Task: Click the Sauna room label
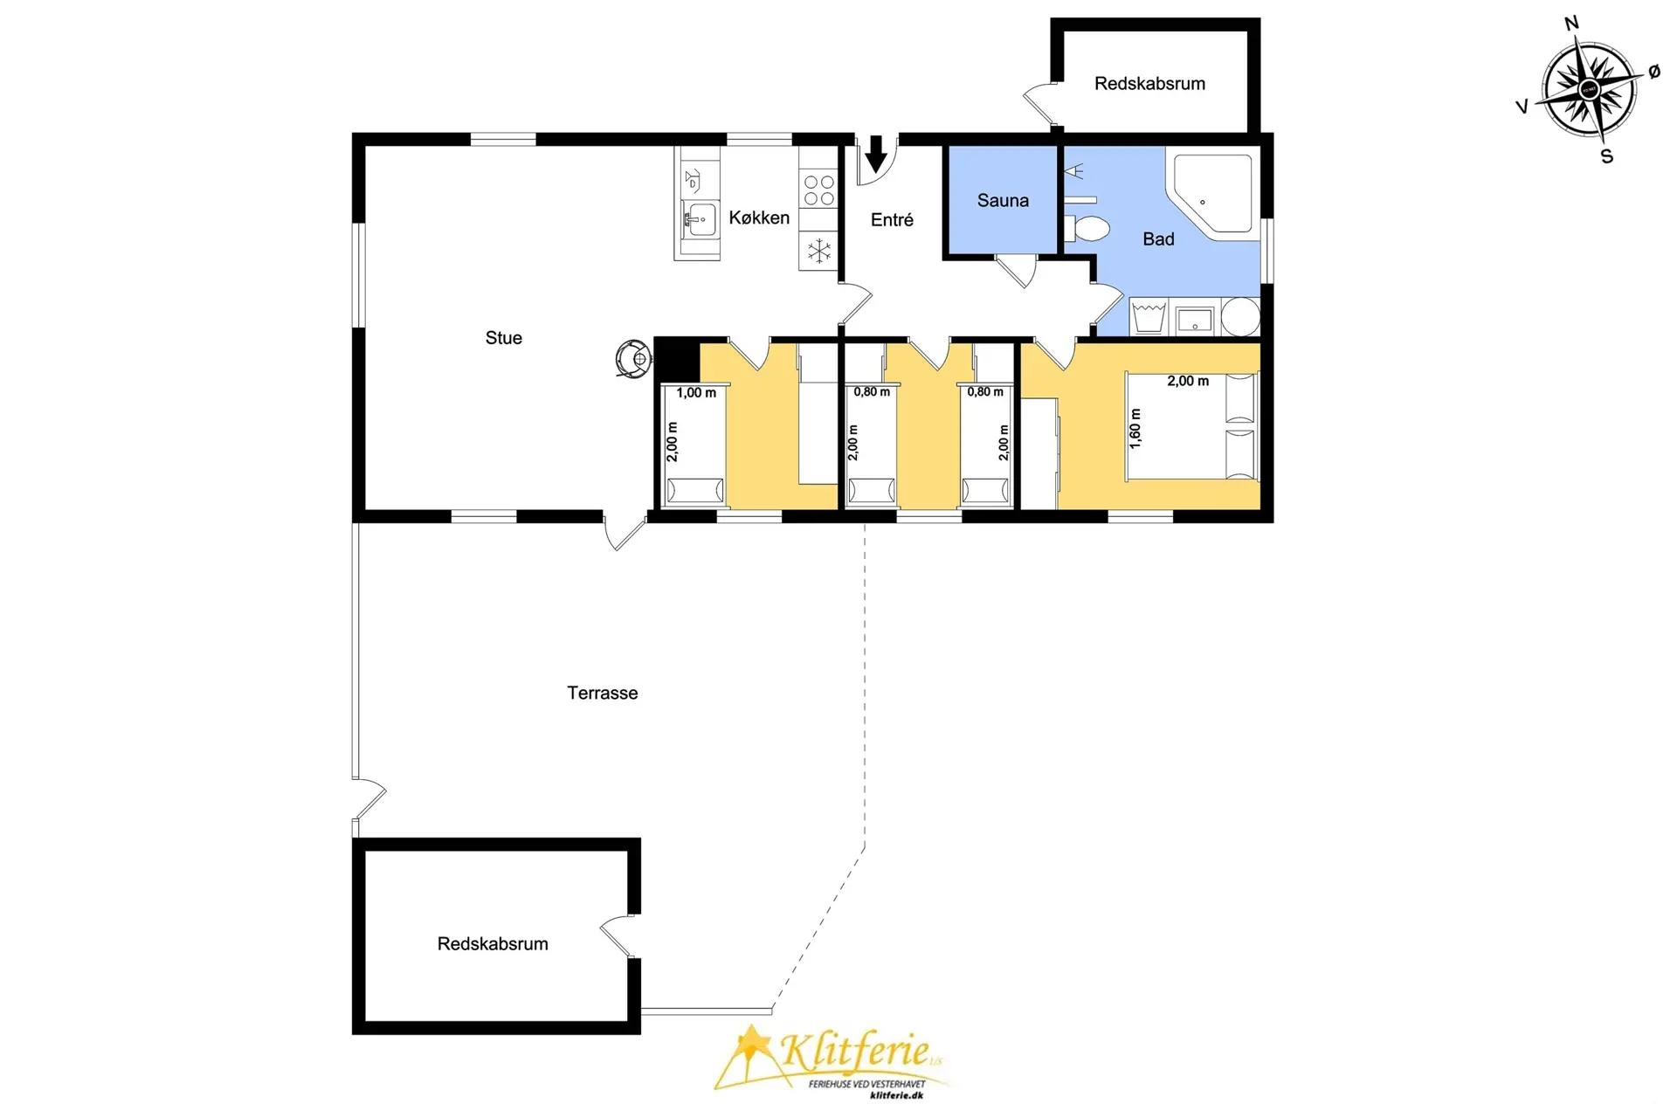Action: pyautogui.click(x=1003, y=200)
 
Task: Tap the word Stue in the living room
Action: pyautogui.click(x=504, y=338)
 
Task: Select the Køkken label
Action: pyautogui.click(x=759, y=217)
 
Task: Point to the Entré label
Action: pyautogui.click(x=892, y=220)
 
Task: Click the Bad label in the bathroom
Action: pyautogui.click(x=1158, y=239)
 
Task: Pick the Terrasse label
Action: pyautogui.click(x=603, y=693)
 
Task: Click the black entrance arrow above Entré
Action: pyautogui.click(x=876, y=154)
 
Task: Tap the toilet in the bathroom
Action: pyautogui.click(x=1087, y=229)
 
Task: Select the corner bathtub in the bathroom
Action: pyautogui.click(x=1213, y=195)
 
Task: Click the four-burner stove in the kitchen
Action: pyautogui.click(x=818, y=190)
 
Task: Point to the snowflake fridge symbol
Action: pyautogui.click(x=818, y=252)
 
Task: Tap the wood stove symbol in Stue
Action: pyautogui.click(x=633, y=358)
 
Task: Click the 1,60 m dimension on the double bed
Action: pyautogui.click(x=1135, y=429)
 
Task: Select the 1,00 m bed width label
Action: pyautogui.click(x=696, y=393)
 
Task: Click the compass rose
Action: pyautogui.click(x=1590, y=90)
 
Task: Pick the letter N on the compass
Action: pyautogui.click(x=1571, y=24)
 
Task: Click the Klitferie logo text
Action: pyautogui.click(x=853, y=1049)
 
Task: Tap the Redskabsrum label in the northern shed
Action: pyautogui.click(x=1149, y=84)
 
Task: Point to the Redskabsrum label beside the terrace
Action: pyautogui.click(x=493, y=944)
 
